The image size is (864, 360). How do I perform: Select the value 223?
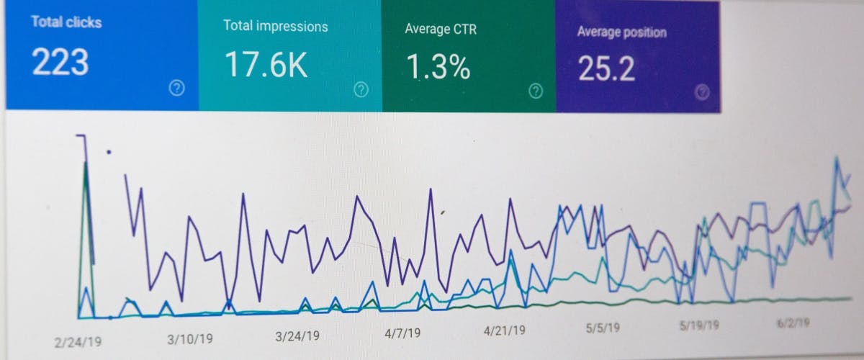(x=60, y=63)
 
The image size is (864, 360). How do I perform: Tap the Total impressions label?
(x=275, y=27)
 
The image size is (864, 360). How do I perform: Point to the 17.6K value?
(x=266, y=65)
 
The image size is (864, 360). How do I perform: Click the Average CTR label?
(x=441, y=30)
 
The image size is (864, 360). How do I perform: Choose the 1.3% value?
(x=438, y=67)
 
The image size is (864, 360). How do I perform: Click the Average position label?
(x=621, y=32)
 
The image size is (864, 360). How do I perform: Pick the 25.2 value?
(x=607, y=69)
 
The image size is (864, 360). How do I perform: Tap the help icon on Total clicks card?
(x=176, y=88)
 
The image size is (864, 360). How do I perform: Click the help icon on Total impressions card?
(x=361, y=89)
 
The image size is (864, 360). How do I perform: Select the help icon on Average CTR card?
(x=536, y=91)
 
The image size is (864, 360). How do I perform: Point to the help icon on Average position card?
(x=703, y=92)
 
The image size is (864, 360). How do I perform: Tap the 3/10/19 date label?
(x=189, y=339)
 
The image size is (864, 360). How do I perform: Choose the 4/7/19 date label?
(x=402, y=334)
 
